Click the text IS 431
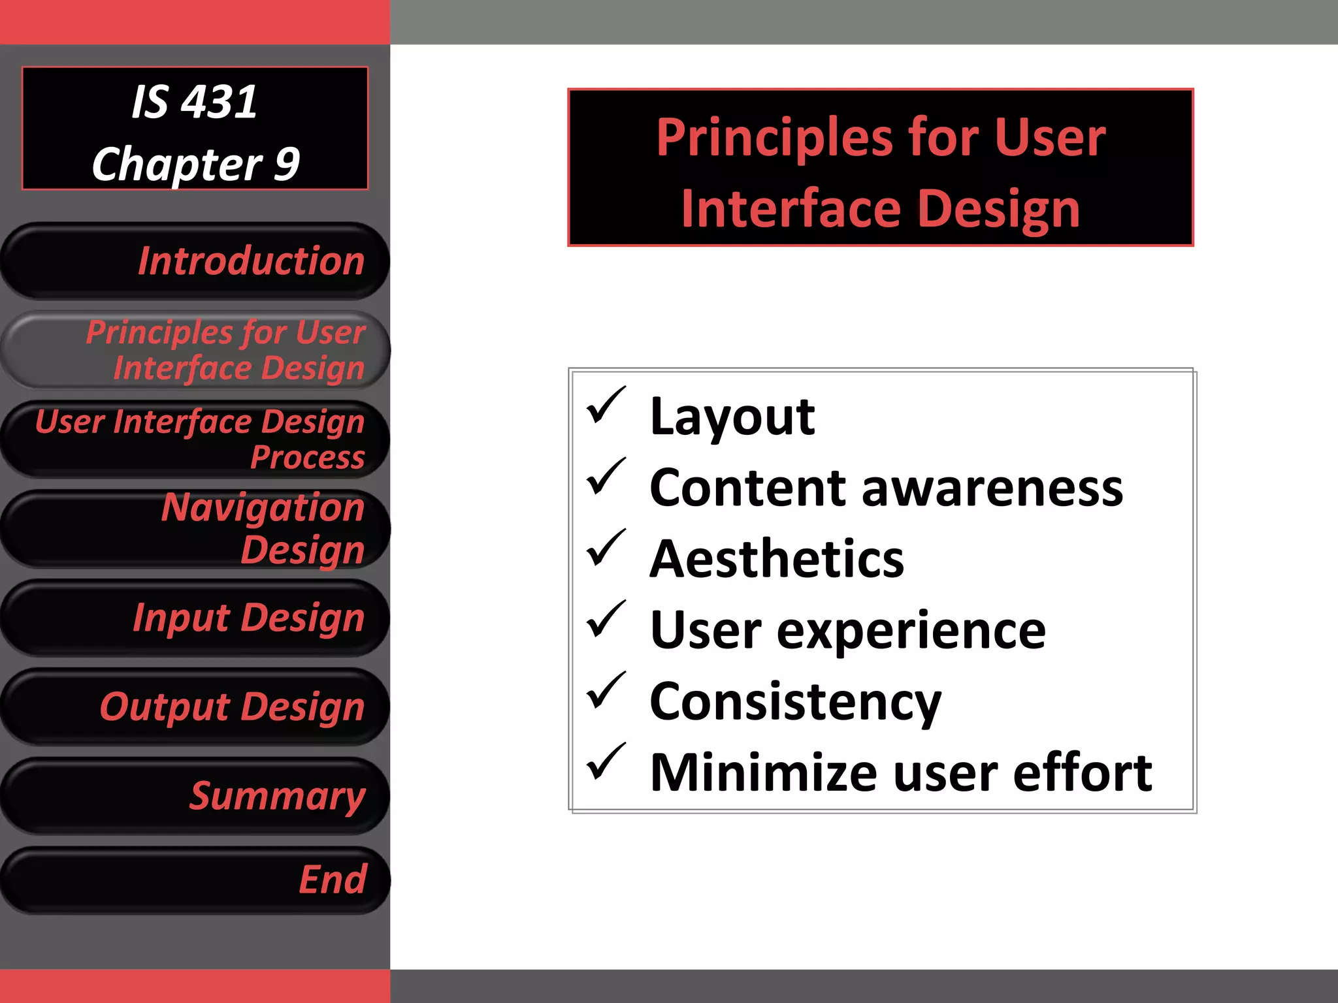[x=194, y=103]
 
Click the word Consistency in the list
[x=795, y=702]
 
